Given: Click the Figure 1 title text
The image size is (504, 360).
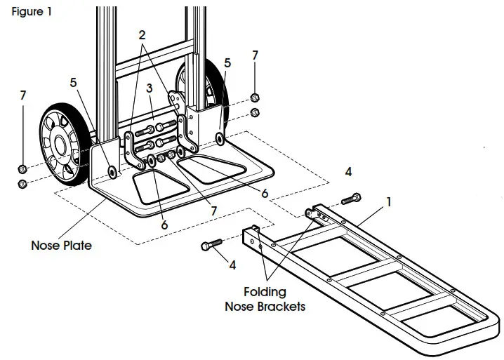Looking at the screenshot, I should [32, 12].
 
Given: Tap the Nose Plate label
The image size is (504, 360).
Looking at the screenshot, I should [61, 246].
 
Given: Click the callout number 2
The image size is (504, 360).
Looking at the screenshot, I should [142, 34].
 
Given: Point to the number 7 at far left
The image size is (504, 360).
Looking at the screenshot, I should [23, 95].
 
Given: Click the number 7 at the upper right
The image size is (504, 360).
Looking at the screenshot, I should [255, 55].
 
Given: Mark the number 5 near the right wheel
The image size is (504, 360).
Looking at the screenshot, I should [227, 63].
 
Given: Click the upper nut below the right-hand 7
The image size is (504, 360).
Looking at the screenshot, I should [256, 98].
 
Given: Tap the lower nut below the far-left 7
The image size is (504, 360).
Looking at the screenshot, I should [22, 184].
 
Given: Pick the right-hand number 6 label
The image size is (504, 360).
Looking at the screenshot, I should [265, 192].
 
